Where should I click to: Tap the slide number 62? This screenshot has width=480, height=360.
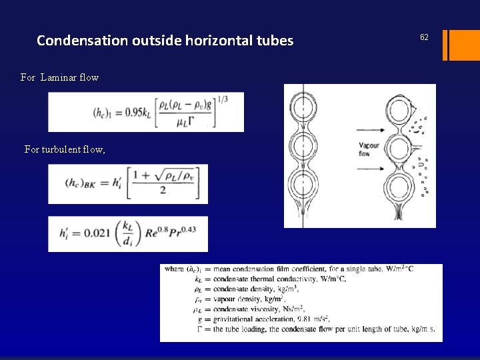(x=424, y=37)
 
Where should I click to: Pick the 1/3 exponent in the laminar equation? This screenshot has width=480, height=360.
(x=222, y=100)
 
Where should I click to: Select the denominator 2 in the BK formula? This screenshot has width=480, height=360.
(x=163, y=190)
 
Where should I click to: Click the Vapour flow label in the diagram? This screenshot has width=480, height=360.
(x=368, y=149)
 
